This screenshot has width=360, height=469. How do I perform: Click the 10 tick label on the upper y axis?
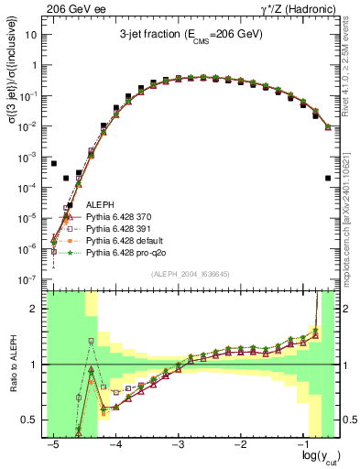[32, 35]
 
